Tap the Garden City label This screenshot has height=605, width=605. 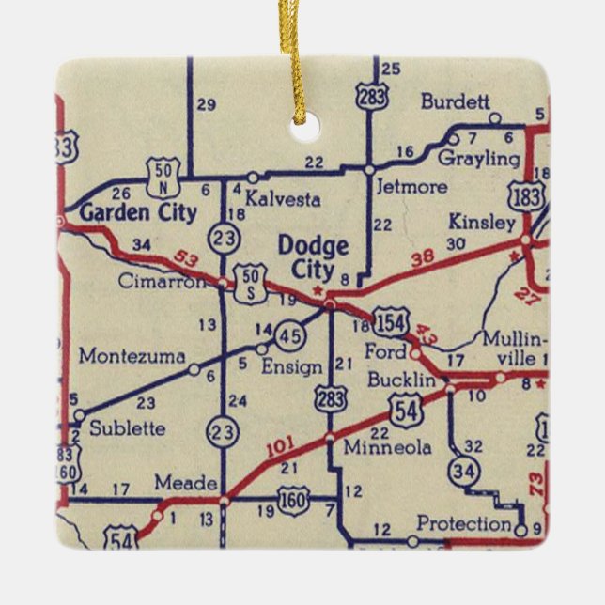click(x=138, y=212)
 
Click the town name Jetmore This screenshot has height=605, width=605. click(x=411, y=186)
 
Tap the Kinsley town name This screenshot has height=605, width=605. click(x=482, y=223)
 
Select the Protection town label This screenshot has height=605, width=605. click(x=463, y=523)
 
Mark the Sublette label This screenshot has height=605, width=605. click(x=127, y=428)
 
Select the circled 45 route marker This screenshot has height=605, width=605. click(x=289, y=335)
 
